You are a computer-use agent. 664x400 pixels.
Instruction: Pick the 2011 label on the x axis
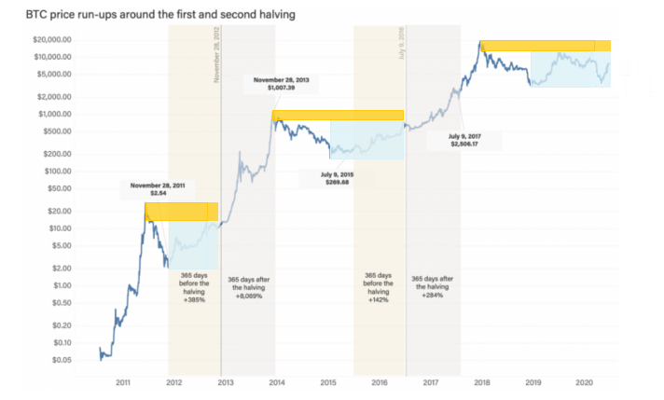coord(122,382)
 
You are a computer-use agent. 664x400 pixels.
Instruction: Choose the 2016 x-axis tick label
coord(380,382)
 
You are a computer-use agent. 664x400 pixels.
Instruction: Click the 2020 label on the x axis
coord(586,382)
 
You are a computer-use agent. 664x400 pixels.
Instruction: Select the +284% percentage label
coord(434,295)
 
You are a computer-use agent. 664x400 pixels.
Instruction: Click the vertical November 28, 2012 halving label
coord(217,56)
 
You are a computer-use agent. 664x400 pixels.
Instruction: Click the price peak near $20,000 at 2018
coord(481,41)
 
